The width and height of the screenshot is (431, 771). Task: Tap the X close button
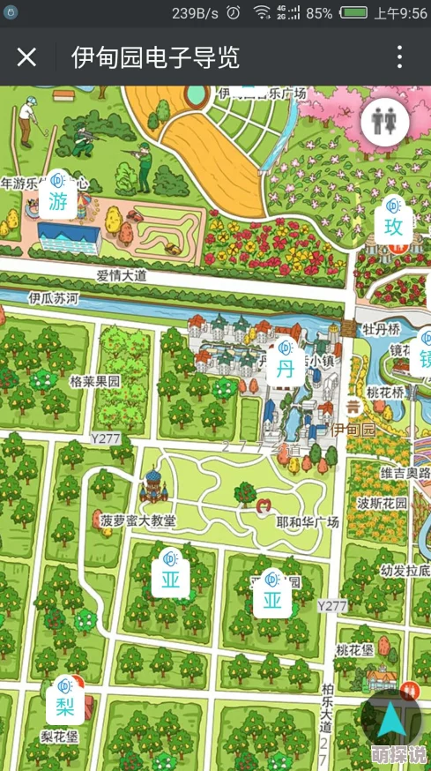(x=27, y=58)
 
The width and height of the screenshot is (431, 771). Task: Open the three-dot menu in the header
(x=399, y=58)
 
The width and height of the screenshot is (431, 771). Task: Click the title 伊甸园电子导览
(x=155, y=58)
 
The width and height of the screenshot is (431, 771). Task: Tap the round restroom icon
(x=384, y=122)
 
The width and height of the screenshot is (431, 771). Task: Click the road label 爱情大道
(x=122, y=275)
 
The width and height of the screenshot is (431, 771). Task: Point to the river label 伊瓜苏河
(x=55, y=299)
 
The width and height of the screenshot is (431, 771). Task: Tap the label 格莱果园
(x=94, y=382)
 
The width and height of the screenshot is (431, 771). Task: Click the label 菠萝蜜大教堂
(x=137, y=520)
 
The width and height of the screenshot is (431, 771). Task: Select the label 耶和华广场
(x=307, y=521)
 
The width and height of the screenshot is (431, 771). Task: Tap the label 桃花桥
(x=385, y=393)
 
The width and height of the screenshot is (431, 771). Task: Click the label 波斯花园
(x=383, y=503)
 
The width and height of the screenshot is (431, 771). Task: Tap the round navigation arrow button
(x=390, y=722)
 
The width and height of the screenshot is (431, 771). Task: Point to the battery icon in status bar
(x=353, y=13)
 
